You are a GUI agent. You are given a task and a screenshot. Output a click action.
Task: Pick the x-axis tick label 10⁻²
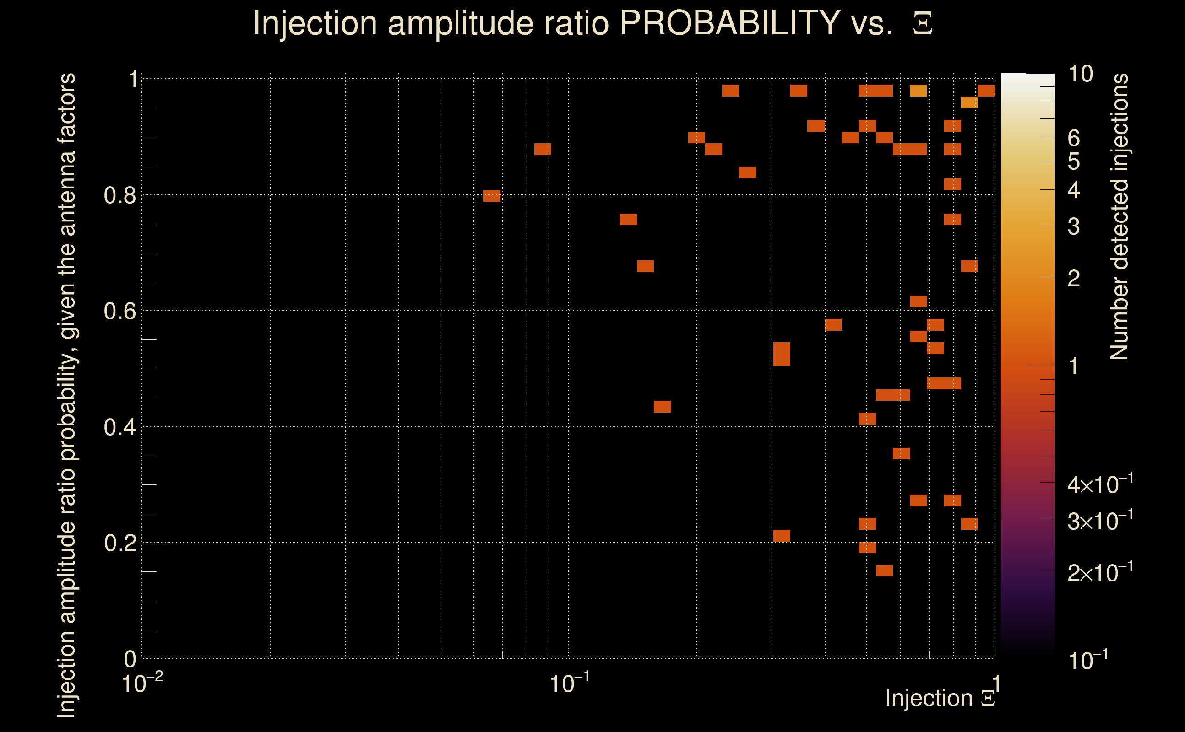click(141, 684)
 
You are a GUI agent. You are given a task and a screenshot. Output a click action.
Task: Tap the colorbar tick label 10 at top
click(1080, 74)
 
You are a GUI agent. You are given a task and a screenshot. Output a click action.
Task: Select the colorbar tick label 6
click(1074, 139)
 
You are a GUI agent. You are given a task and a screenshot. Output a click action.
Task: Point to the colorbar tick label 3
click(1074, 226)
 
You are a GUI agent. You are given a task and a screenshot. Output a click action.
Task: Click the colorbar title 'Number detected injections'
click(1119, 216)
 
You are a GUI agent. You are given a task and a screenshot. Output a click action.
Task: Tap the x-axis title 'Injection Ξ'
click(940, 698)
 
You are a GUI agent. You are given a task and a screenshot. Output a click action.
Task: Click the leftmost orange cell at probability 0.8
click(492, 196)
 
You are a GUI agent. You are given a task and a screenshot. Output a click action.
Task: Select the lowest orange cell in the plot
click(884, 571)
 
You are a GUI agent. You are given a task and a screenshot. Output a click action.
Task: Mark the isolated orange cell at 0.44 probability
click(662, 407)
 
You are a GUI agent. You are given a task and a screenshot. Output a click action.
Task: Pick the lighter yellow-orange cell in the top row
click(918, 91)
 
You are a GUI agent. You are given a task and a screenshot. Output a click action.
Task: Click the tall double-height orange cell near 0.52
click(782, 354)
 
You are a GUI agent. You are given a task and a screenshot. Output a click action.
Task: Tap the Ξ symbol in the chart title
click(923, 24)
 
